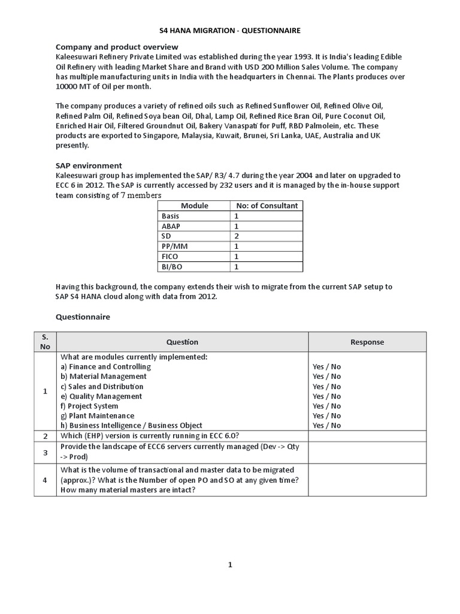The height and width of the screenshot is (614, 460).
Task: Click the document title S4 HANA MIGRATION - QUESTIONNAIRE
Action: (230, 31)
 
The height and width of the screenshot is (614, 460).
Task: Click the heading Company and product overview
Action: (117, 47)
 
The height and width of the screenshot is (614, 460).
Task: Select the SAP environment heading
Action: (89, 165)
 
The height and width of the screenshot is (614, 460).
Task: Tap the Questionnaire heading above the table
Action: (83, 317)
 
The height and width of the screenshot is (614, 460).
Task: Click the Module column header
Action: (195, 206)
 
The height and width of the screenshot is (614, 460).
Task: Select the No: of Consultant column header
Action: (267, 206)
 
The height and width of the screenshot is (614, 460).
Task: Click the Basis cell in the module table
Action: (171, 216)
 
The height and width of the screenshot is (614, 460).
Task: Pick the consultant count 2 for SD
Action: (237, 236)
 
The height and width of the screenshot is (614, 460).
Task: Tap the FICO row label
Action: (170, 256)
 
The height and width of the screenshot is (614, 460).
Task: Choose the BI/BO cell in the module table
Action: (172, 266)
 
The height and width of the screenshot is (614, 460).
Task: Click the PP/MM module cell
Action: (174, 246)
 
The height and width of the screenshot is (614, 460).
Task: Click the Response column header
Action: (367, 342)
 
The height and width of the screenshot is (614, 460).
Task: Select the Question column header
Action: (182, 342)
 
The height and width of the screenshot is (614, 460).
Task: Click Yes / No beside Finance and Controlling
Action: (326, 367)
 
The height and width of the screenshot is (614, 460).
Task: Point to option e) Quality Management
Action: (101, 396)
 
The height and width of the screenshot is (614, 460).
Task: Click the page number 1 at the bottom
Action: (230, 564)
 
